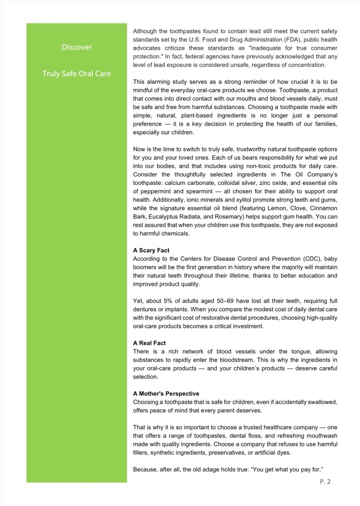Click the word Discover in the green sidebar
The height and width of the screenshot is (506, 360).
click(x=77, y=47)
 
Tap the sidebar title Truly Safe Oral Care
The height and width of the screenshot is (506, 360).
click(x=77, y=74)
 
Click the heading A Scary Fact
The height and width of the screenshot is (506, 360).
click(x=151, y=251)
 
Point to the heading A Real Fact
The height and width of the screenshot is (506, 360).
click(x=149, y=343)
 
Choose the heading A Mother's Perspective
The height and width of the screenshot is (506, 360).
click(x=166, y=394)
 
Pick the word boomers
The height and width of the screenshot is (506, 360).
click(x=146, y=267)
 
